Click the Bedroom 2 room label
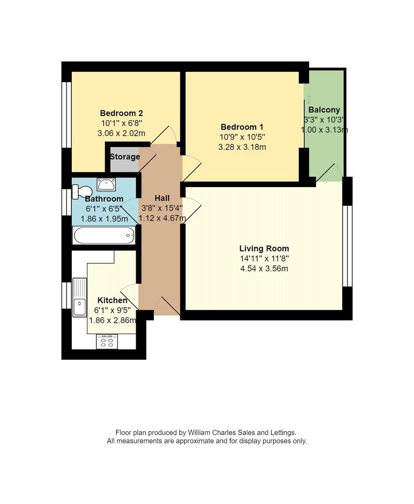[121, 113]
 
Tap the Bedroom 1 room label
[242, 127]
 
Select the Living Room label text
[264, 249]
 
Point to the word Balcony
[324, 110]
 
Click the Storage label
[125, 157]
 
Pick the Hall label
[162, 198]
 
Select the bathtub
[104, 236]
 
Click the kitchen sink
[79, 297]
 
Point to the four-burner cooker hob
[107, 342]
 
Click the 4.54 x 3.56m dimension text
[264, 268]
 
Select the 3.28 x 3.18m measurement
[242, 147]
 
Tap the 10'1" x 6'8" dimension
[121, 123]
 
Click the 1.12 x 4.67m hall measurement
[162, 219]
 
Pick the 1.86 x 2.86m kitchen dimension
[113, 320]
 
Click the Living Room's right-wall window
[348, 246]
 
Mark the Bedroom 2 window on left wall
[66, 115]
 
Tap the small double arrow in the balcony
[309, 99]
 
